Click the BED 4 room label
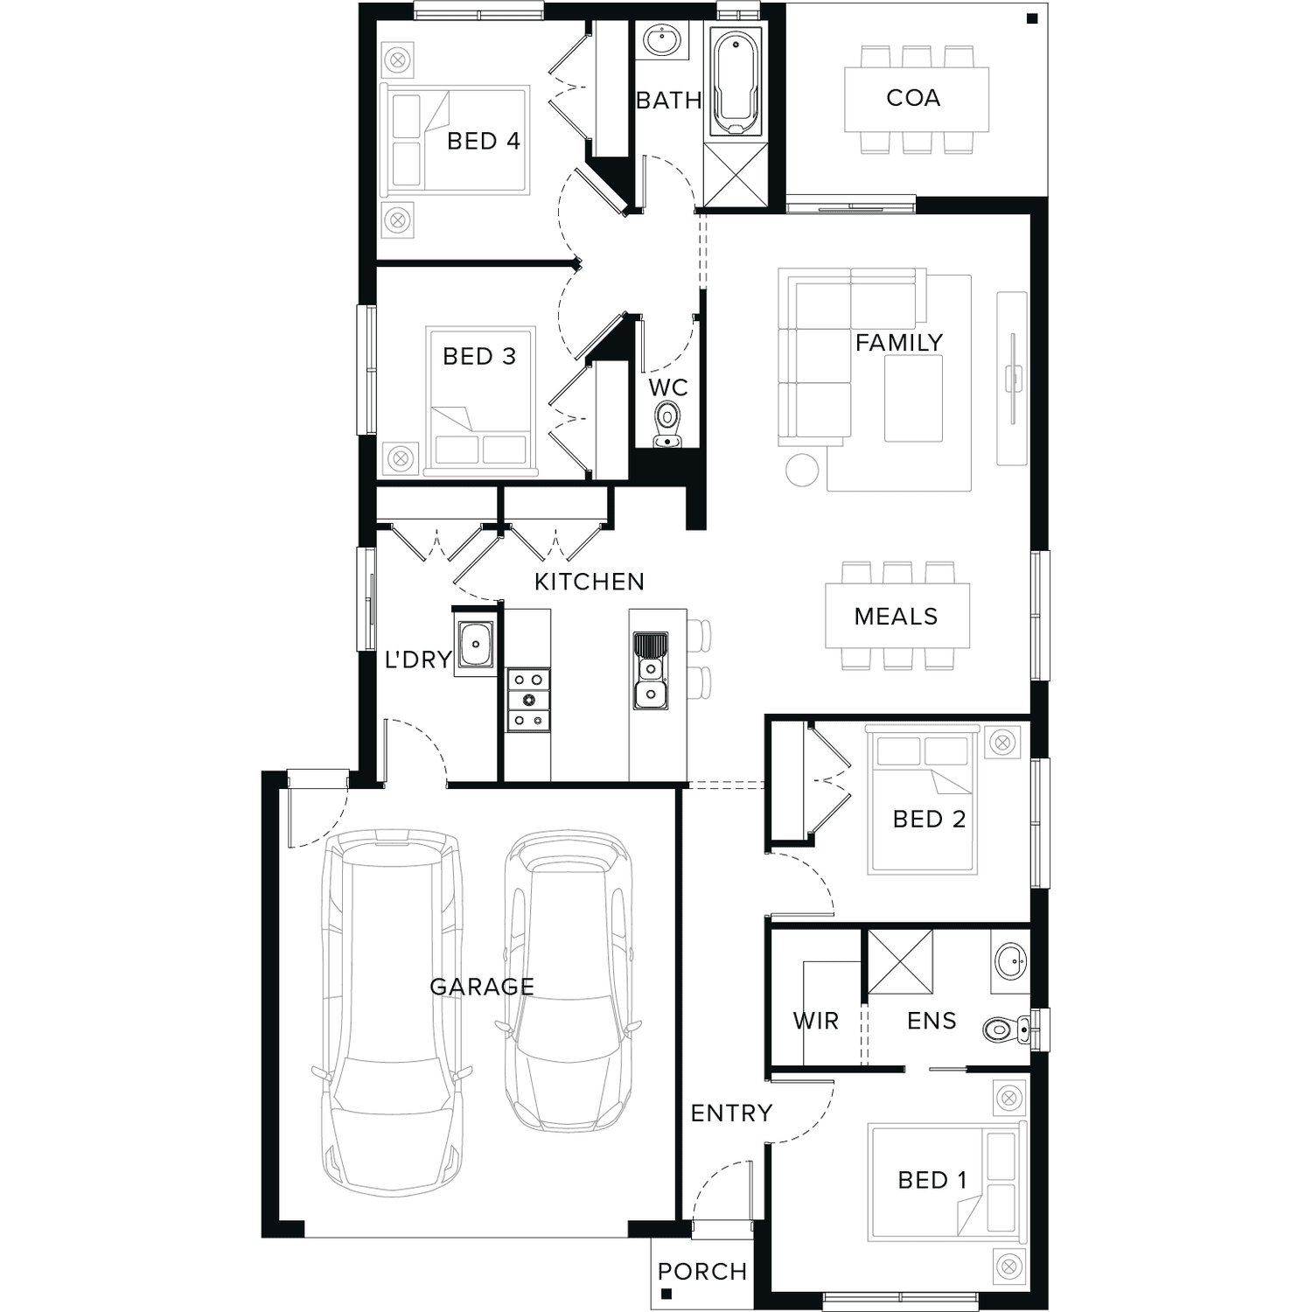tap(483, 141)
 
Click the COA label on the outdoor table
tap(913, 98)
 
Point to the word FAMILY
tap(899, 343)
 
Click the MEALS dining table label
tap(896, 617)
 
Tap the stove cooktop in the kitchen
tap(528, 699)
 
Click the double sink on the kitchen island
tap(650, 671)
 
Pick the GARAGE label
tap(482, 987)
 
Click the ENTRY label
tap(731, 1113)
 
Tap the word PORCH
tap(702, 1272)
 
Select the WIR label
tap(815, 1021)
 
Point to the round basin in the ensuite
tap(1010, 962)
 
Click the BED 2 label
tap(929, 820)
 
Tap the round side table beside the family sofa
tap(802, 470)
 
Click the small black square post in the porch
tap(666, 1294)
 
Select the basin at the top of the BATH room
tap(662, 40)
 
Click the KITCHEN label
tap(589, 582)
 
